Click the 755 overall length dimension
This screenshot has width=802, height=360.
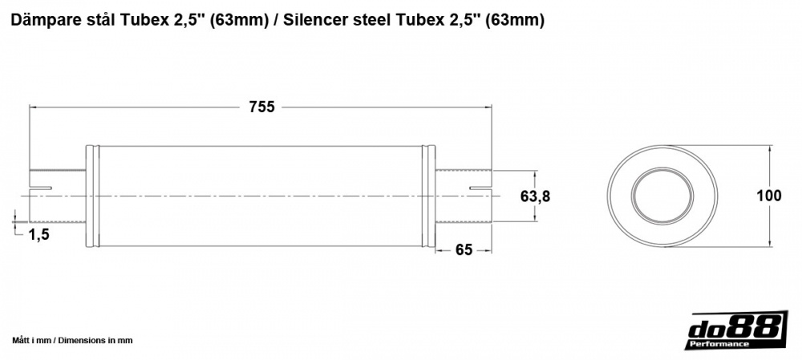pyautogui.click(x=261, y=107)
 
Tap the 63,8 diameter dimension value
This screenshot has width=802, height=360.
pyautogui.click(x=536, y=196)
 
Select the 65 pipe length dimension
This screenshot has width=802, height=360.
pyautogui.click(x=463, y=249)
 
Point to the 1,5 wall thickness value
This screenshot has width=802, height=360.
pyautogui.click(x=39, y=234)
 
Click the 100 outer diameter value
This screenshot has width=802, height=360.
pyautogui.click(x=768, y=196)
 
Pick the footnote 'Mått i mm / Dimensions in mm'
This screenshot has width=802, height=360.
pyautogui.click(x=73, y=341)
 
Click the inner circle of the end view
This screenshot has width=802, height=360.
pyautogui.click(x=662, y=196)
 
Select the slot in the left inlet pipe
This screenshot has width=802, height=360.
pyautogui.click(x=41, y=188)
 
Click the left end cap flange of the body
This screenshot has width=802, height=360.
pyautogui.click(x=91, y=196)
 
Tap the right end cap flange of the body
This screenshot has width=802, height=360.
pyautogui.click(x=431, y=196)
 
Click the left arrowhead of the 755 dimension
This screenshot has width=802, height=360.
pyautogui.click(x=34, y=107)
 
